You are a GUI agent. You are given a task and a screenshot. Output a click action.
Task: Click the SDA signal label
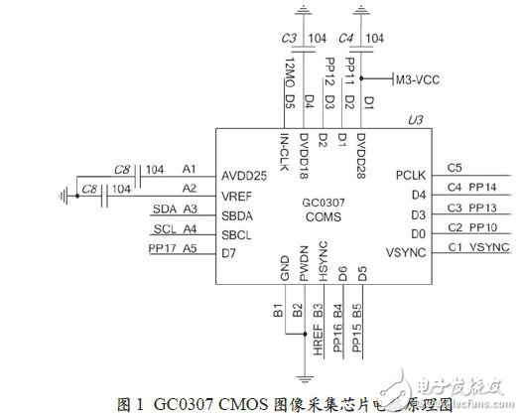[165, 209]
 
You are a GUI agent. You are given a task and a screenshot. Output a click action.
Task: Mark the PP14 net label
[483, 188]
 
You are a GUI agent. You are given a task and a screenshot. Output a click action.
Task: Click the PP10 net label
[483, 228]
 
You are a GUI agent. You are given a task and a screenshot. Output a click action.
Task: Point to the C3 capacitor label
[290, 39]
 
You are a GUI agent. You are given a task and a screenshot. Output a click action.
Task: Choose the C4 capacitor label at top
[346, 39]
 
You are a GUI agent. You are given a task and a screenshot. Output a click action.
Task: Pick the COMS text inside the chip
[322, 216]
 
